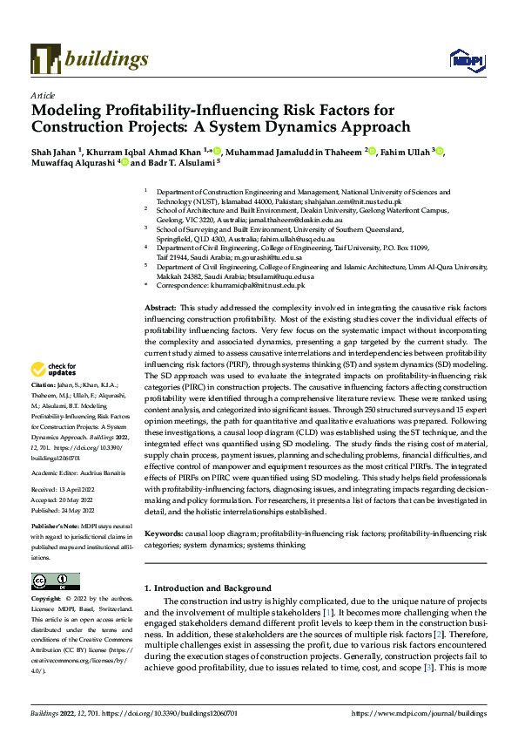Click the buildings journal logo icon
pyautogui.click(x=45, y=59)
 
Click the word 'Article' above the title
pyautogui.click(x=43, y=95)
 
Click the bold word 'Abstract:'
pyautogui.click(x=159, y=309)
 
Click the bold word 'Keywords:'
pyautogui.click(x=163, y=533)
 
